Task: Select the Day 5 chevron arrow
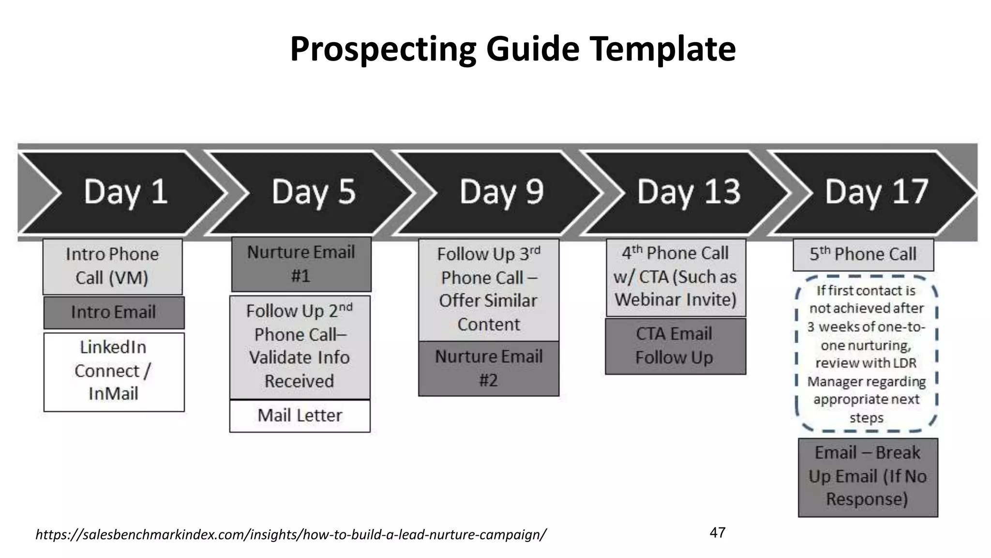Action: tap(313, 192)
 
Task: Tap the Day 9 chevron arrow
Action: tap(501, 192)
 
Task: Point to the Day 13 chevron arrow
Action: tap(689, 192)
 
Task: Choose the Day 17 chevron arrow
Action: tap(876, 192)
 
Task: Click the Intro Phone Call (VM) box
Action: tap(112, 266)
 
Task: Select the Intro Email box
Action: tap(114, 312)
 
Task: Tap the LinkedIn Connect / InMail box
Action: tap(114, 372)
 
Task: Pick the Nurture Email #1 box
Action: tap(301, 264)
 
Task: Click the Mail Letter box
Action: tap(300, 416)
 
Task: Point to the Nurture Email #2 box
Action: tap(489, 369)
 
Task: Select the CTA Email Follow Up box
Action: tap(675, 346)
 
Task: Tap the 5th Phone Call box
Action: tap(863, 254)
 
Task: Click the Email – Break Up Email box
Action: tap(868, 477)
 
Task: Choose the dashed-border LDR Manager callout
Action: tap(867, 354)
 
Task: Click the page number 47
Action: tap(717, 533)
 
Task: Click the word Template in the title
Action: tap(662, 49)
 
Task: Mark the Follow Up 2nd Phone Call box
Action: tap(300, 347)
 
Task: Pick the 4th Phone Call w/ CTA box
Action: tap(676, 277)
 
